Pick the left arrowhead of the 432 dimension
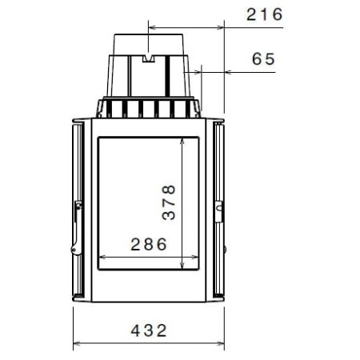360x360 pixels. (x=76, y=345)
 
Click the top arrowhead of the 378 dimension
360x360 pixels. (x=184, y=139)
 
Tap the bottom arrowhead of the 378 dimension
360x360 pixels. (x=184, y=266)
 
